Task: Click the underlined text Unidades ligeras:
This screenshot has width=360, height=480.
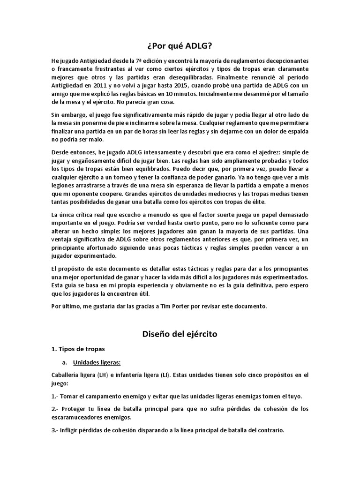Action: (x=97, y=362)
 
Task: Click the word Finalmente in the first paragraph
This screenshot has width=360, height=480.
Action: (x=233, y=77)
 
